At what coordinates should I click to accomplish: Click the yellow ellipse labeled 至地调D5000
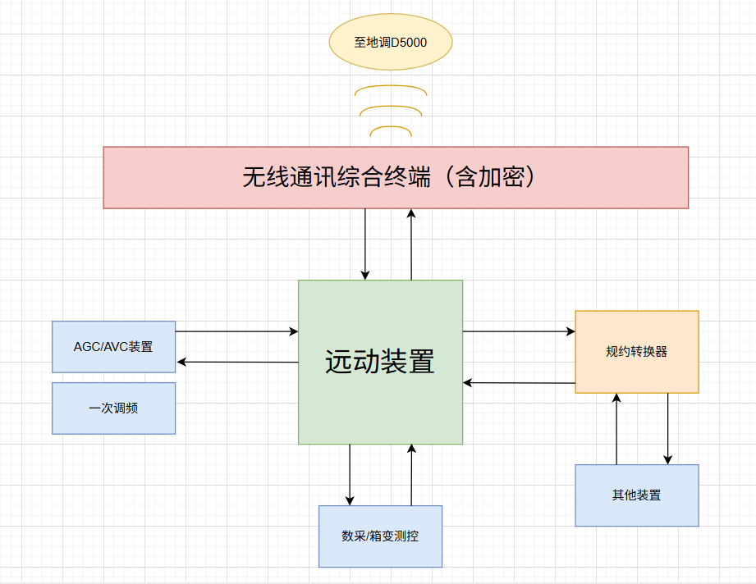(x=390, y=42)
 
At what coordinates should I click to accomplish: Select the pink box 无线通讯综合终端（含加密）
(x=395, y=177)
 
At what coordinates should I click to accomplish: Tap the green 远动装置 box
(x=380, y=362)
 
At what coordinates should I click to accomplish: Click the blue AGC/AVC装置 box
(x=113, y=346)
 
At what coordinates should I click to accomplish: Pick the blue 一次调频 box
(x=113, y=408)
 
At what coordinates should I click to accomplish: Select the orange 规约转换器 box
(x=636, y=352)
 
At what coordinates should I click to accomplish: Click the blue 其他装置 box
(x=636, y=495)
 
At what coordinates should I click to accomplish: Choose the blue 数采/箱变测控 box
(x=380, y=536)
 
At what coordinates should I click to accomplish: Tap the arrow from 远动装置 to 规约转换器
(x=519, y=331)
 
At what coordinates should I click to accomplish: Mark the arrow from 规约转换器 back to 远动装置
(x=519, y=382)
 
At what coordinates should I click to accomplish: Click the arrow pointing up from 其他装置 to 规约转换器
(x=616, y=429)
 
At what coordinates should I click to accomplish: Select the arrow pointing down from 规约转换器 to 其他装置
(x=668, y=429)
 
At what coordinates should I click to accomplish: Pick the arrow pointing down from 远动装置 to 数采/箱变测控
(x=350, y=475)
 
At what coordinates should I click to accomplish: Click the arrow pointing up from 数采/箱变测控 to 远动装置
(x=411, y=475)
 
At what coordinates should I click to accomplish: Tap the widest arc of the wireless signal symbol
(x=391, y=86)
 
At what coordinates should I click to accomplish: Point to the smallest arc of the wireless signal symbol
(x=391, y=127)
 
